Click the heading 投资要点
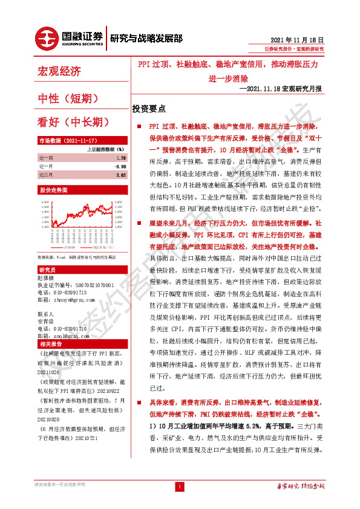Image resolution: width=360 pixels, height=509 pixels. coord(149,109)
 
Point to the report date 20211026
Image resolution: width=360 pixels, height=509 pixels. coord(51,372)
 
